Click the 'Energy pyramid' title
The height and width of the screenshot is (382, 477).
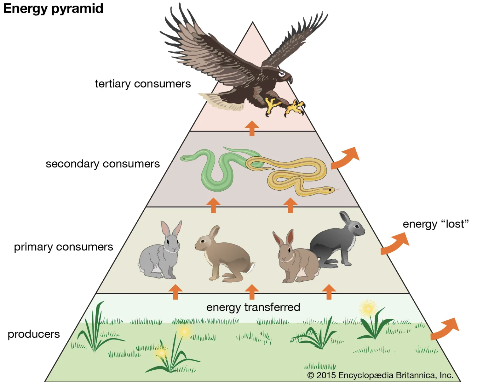coord(53,9)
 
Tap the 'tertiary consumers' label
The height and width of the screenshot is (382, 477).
coord(143,84)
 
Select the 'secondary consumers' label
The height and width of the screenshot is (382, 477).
coord(103,164)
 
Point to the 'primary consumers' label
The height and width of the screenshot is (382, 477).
coord(63,247)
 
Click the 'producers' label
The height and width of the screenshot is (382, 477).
coord(34,334)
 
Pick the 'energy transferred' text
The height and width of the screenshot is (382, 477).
coord(253,307)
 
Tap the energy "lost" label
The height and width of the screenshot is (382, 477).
coord(435,224)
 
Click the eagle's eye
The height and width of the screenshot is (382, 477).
coord(281,74)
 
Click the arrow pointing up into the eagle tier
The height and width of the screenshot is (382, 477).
coord(252,128)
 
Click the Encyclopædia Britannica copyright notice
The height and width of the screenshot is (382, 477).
coord(380,375)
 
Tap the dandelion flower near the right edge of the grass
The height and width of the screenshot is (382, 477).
coord(368,308)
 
